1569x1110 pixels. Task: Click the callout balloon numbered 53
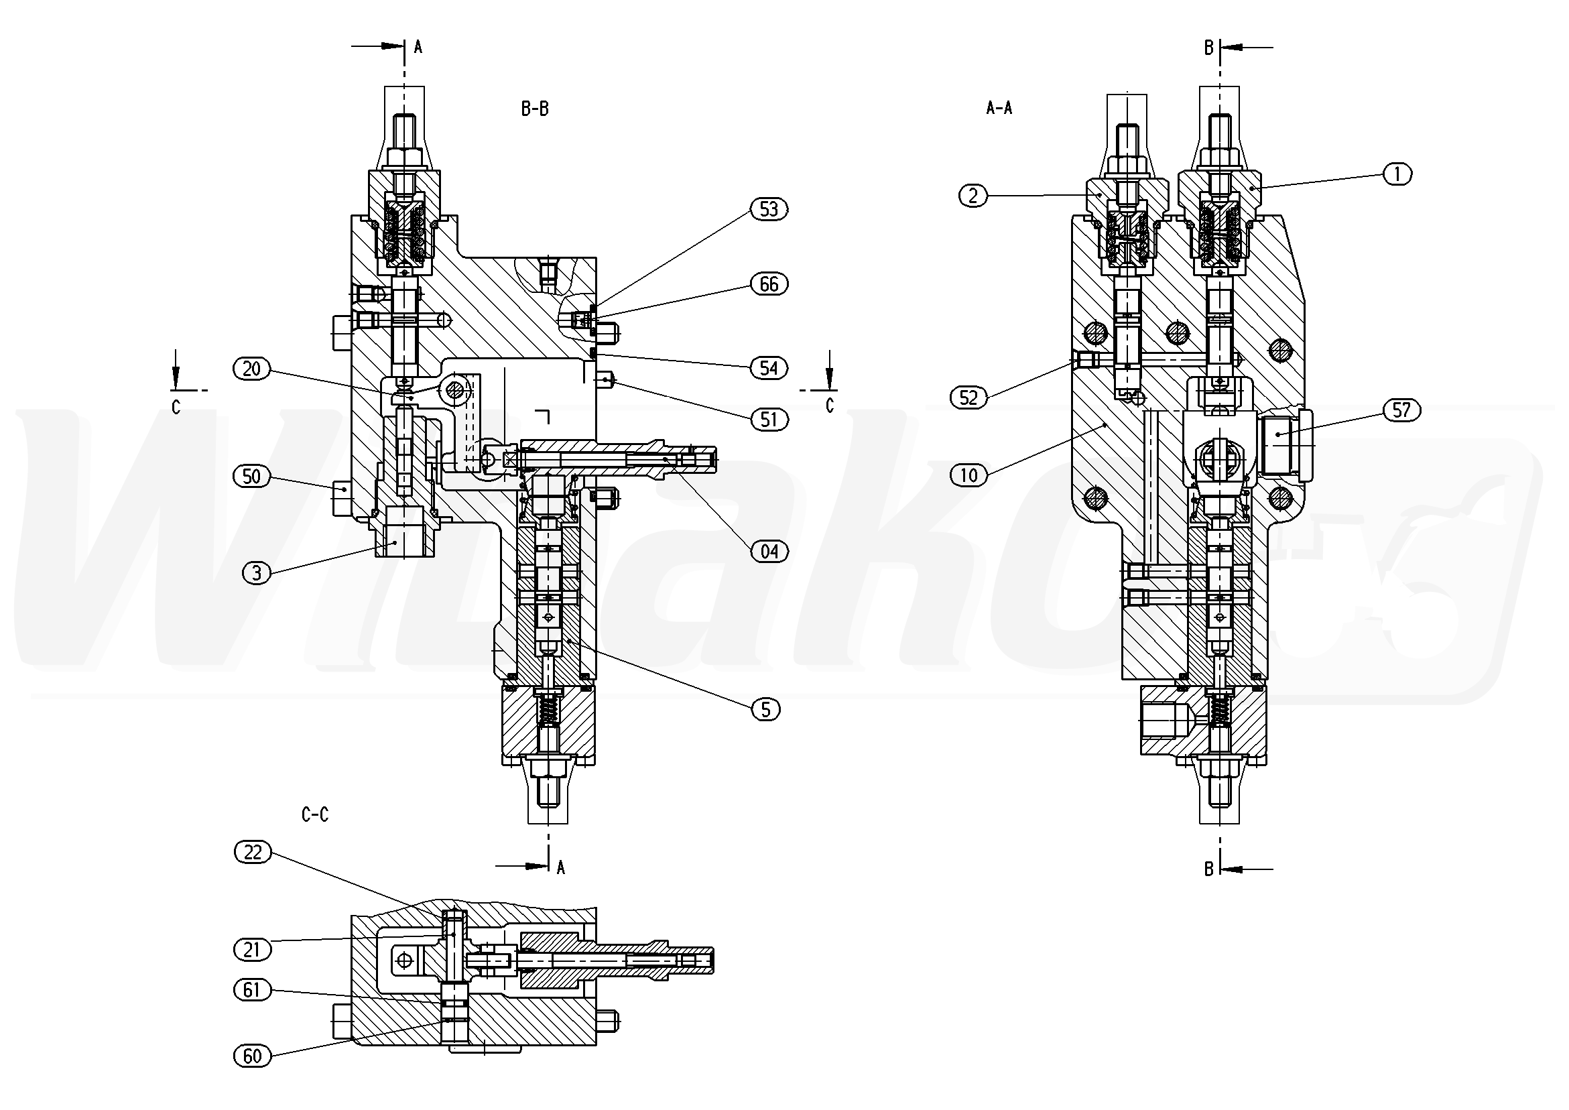coord(769,209)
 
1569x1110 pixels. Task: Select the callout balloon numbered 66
coord(769,284)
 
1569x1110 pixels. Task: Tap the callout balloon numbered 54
coord(769,369)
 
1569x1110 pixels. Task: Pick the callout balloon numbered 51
coord(769,419)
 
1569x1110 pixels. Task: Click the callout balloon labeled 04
coord(769,551)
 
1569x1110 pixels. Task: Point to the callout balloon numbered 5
coord(765,709)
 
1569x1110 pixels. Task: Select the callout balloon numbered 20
coord(252,369)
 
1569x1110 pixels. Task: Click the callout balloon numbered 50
coord(252,477)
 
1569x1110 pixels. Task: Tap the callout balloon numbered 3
coord(257,573)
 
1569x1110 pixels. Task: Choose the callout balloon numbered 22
coord(253,853)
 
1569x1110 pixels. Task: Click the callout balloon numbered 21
coord(252,949)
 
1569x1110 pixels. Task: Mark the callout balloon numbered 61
coord(252,990)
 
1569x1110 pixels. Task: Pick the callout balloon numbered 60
coord(252,1056)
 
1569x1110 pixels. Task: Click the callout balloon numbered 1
coord(1397,174)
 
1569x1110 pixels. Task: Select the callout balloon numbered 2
coord(973,196)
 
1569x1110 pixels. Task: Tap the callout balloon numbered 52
coord(969,397)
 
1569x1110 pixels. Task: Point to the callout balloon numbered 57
coord(1401,410)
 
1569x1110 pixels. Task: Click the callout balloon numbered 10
coord(969,475)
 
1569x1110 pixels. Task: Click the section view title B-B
coord(535,109)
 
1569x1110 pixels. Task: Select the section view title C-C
coord(315,814)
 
